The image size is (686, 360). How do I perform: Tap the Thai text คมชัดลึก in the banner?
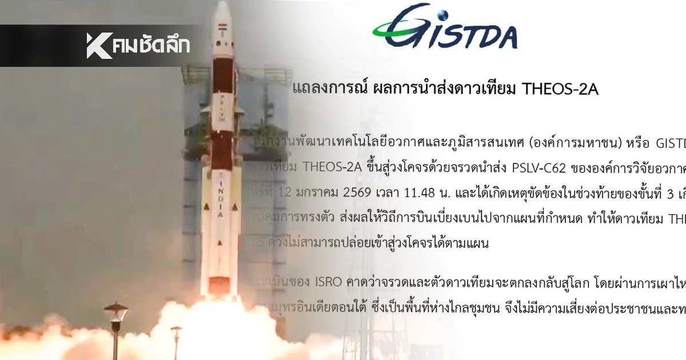pyautogui.click(x=151, y=46)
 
